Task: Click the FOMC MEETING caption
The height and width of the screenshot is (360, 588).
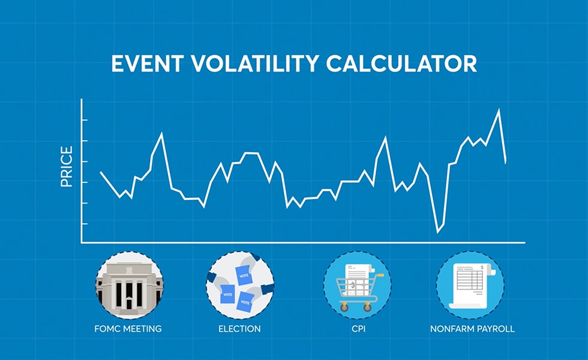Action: click(128, 329)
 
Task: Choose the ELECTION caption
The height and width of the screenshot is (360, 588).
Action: click(239, 329)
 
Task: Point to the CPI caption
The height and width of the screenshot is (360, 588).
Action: click(357, 329)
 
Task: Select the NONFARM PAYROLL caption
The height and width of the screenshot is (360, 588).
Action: click(472, 329)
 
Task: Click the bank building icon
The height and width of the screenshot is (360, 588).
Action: click(128, 285)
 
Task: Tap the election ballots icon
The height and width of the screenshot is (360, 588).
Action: click(239, 285)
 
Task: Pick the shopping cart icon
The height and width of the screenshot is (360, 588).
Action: click(357, 285)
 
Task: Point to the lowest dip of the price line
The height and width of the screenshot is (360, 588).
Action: click(437, 232)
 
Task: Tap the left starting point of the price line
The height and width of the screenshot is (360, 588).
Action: click(101, 172)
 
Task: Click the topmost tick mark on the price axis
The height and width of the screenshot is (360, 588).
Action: click(85, 120)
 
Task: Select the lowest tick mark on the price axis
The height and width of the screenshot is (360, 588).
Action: click(85, 224)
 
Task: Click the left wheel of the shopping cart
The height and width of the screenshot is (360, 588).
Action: click(344, 307)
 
